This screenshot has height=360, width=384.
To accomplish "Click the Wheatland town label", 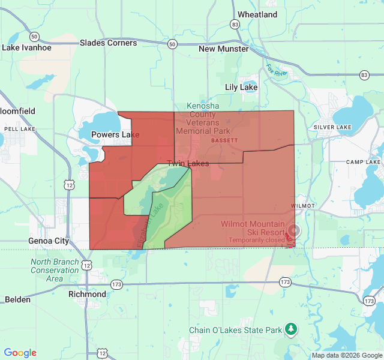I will coord(257,14).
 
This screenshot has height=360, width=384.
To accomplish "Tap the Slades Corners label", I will coord(108,43).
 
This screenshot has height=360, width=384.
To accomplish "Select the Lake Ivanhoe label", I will coord(27,47).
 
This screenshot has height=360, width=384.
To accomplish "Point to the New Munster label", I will coord(223,49).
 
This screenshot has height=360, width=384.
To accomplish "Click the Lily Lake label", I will coord(241,87).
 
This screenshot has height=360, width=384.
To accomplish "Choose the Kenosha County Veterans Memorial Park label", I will coord(203,118).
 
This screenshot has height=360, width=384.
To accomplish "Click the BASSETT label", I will coord(224,140).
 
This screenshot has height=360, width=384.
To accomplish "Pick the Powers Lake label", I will coord(115,134).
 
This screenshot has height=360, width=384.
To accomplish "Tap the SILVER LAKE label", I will coord(332,127).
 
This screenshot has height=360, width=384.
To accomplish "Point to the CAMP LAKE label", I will coord(363,162).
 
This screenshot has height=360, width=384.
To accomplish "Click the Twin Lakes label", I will coord(188,163).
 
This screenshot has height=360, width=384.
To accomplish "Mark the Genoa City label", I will coord(49,241).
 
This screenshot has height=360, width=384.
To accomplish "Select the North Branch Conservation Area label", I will coord(55,270).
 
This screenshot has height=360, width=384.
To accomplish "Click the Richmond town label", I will coord(88,294).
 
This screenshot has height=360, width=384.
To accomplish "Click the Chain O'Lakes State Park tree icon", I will coord(291,329).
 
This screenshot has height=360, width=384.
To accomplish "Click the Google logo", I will coord(20,353).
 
